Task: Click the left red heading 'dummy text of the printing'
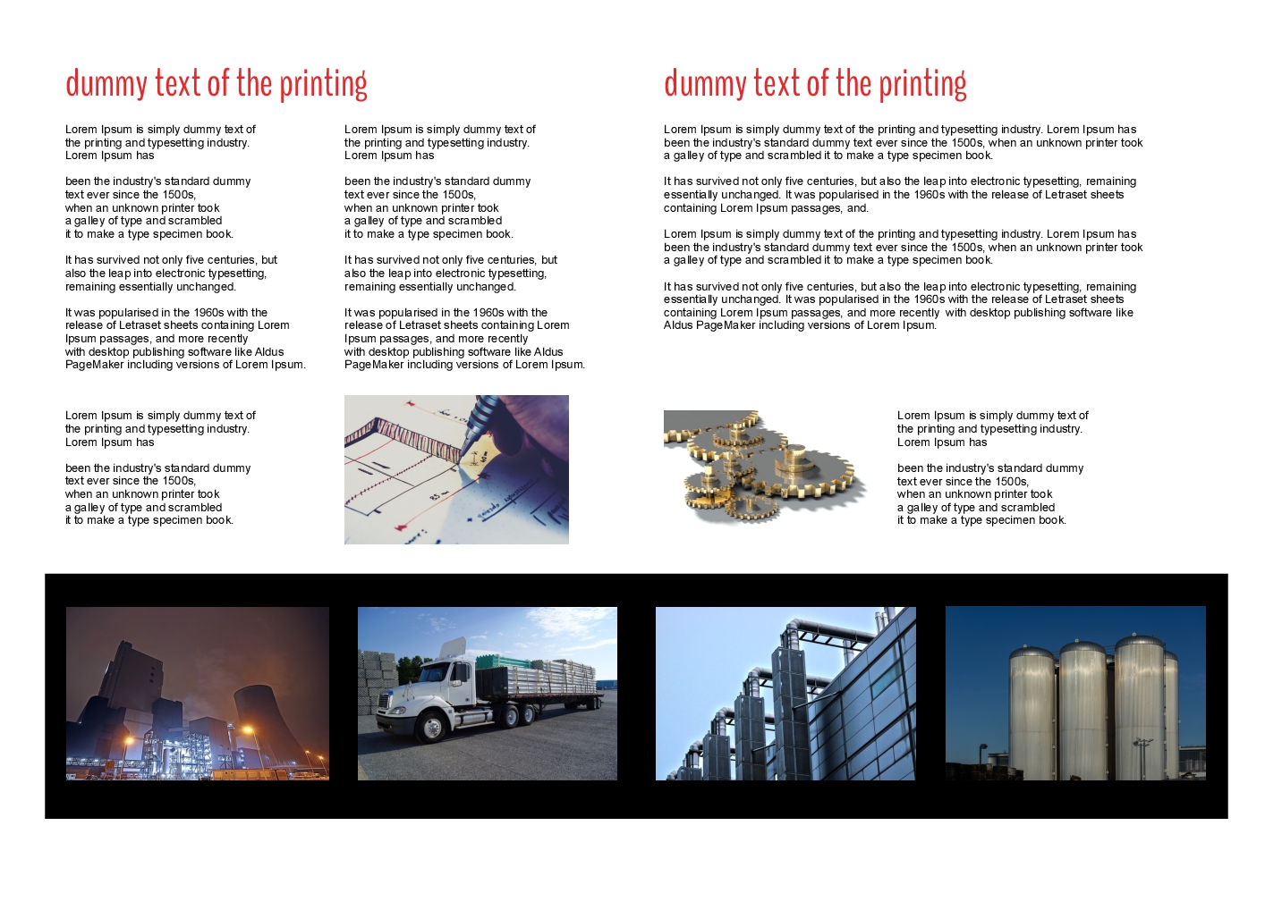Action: [x=216, y=83]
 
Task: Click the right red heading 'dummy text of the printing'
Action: [x=815, y=83]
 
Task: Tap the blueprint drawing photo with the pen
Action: [x=456, y=469]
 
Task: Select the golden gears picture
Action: [x=766, y=468]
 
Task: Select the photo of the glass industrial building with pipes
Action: [x=785, y=694]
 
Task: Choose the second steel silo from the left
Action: [x=1082, y=711]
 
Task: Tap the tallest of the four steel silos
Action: [x=1139, y=706]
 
